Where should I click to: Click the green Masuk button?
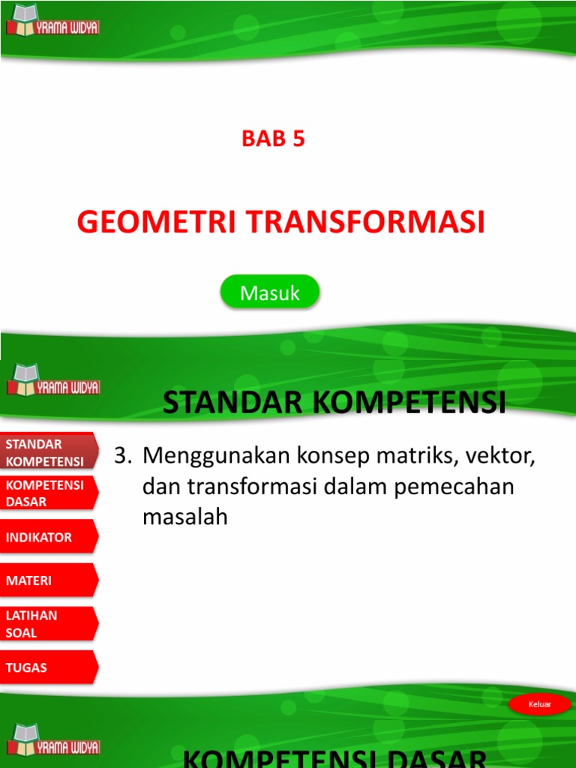pyautogui.click(x=270, y=292)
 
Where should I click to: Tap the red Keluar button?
pyautogui.click(x=539, y=704)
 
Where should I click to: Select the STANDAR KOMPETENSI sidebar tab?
pyautogui.click(x=46, y=452)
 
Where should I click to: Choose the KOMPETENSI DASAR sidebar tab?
pyautogui.click(x=46, y=493)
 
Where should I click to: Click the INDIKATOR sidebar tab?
pyautogui.click(x=46, y=537)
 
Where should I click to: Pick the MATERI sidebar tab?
pyautogui.click(x=46, y=580)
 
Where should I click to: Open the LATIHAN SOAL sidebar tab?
pyautogui.click(x=46, y=624)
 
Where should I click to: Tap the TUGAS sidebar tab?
pyautogui.click(x=46, y=667)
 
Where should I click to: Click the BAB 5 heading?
pyautogui.click(x=273, y=139)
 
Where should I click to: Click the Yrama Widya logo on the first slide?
pyautogui.click(x=52, y=22)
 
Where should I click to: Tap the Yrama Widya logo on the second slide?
pyautogui.click(x=52, y=380)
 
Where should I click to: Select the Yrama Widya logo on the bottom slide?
pyautogui.click(x=52, y=739)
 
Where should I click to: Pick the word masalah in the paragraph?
pyautogui.click(x=184, y=517)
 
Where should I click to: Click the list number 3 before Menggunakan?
pyautogui.click(x=122, y=455)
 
